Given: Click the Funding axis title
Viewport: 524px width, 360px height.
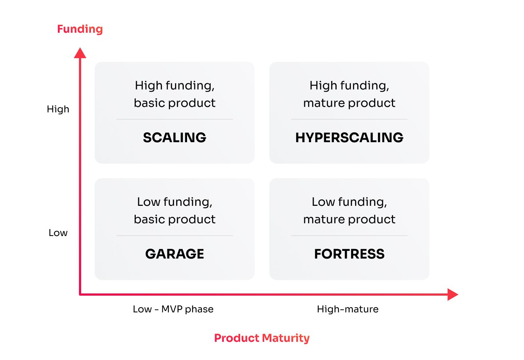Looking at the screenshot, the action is tap(80, 29).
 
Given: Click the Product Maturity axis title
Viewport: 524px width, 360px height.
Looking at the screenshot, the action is tap(262, 339).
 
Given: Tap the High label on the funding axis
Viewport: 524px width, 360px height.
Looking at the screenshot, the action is tap(58, 109).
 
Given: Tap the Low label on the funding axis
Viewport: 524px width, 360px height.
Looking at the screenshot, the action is tap(58, 233).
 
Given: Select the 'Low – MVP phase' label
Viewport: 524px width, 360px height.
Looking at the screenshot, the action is tap(173, 309).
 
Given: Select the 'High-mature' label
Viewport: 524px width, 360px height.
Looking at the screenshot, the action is tap(348, 309).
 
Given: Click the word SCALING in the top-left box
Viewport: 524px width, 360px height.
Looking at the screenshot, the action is tap(175, 137).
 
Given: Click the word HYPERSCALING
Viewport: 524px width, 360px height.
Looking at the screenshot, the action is tap(349, 137).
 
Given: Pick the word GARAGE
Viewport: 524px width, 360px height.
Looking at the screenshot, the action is tap(175, 254).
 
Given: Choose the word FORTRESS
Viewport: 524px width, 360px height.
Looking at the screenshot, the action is tap(349, 254).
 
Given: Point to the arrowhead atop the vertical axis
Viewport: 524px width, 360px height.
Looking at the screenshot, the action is tap(80, 53).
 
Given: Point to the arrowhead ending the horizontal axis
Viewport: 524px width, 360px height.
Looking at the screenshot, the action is tap(453, 295).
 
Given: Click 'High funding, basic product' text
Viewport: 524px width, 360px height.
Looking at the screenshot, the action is tap(175, 95).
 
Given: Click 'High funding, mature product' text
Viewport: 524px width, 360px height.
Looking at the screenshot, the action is tap(349, 95).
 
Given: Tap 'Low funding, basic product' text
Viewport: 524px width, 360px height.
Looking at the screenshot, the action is tap(175, 211).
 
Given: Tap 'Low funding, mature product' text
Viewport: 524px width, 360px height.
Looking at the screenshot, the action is tap(349, 211).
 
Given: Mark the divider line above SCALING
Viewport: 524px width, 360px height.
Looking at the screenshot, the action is tap(175, 119).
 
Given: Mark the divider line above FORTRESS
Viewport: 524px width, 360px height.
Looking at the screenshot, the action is tap(349, 236).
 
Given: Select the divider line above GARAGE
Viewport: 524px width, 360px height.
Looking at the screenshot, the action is tap(175, 236).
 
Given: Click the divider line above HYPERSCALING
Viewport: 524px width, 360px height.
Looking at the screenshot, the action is tap(349, 119).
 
